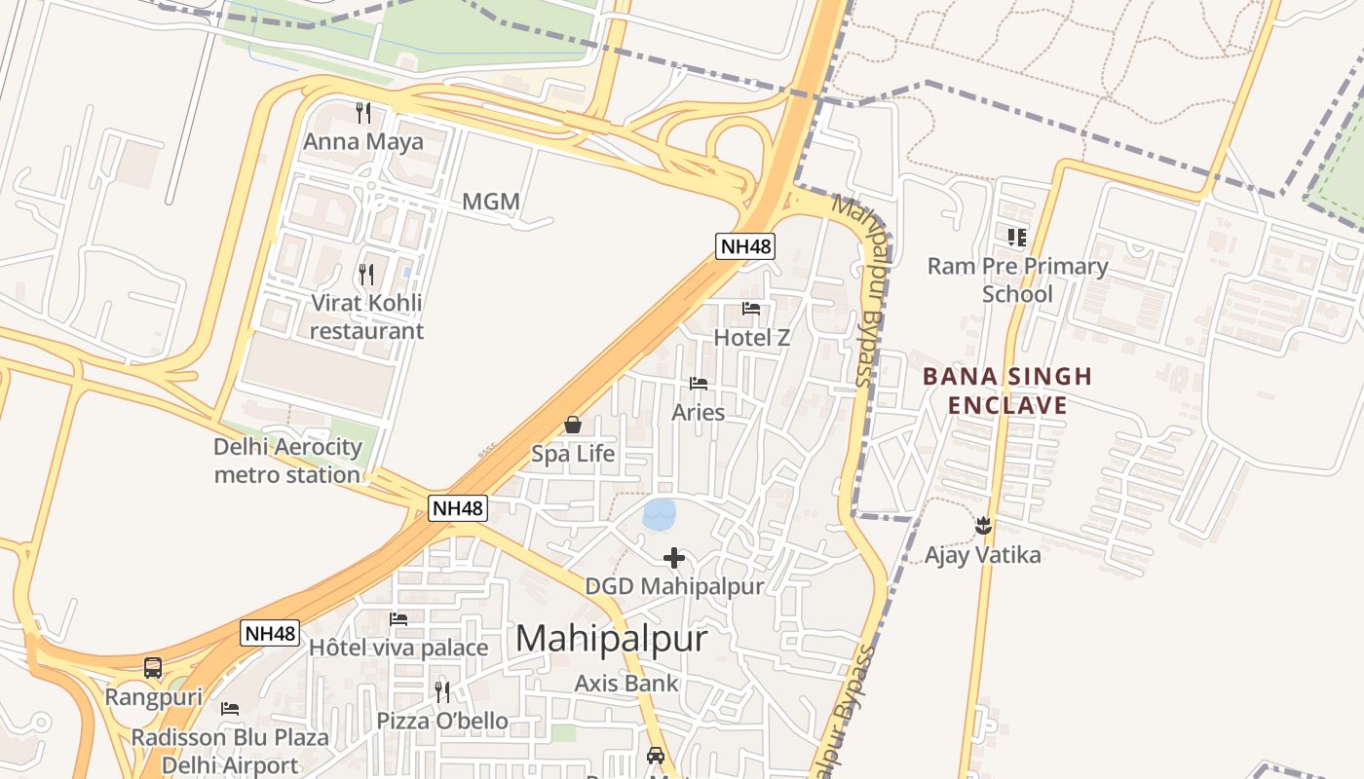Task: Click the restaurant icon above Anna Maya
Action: point(363,113)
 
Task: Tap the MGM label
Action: point(490,203)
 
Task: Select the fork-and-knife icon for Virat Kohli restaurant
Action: point(366,275)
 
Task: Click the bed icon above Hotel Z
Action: point(751,309)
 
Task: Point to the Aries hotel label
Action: point(698,412)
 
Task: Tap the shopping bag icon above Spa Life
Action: point(573,425)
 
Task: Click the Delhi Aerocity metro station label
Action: point(287,461)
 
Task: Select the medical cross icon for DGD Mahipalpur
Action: point(673,558)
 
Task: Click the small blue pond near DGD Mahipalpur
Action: point(660,513)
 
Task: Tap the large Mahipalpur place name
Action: point(611,639)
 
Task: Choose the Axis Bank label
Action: point(625,683)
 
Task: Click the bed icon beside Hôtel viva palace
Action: point(398,619)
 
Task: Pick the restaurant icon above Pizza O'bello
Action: point(442,691)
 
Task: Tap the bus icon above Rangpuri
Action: point(153,668)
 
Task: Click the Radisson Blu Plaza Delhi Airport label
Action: point(230,751)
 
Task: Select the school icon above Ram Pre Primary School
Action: point(1017,237)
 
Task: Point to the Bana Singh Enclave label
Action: point(1007,390)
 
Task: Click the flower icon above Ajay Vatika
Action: point(983,526)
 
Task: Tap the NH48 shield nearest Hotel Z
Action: point(745,246)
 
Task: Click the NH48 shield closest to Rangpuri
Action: point(269,633)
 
